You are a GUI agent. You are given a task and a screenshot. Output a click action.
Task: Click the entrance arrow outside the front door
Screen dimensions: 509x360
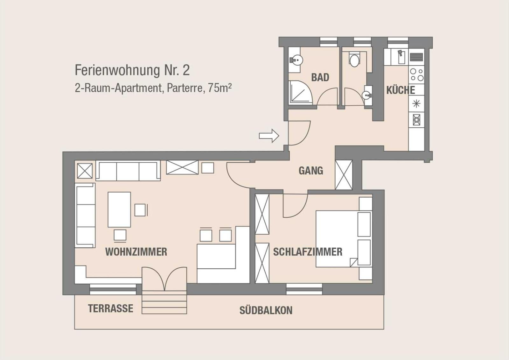point(269,136)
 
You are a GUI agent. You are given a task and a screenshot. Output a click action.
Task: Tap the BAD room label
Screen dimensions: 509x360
point(320,77)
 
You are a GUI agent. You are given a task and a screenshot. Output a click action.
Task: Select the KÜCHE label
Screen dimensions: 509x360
point(401,90)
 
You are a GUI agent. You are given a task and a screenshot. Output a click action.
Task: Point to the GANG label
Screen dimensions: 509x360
point(311,171)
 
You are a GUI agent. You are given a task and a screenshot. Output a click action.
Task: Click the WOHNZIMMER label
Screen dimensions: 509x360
point(136,252)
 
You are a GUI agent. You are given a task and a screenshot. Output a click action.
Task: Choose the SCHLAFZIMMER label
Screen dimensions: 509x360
point(308,252)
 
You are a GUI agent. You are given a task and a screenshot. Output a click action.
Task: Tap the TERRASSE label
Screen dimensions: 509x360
point(111,308)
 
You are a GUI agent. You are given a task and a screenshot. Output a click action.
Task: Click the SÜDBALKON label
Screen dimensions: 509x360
point(266,310)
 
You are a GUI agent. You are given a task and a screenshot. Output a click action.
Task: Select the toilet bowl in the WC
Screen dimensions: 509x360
point(354,59)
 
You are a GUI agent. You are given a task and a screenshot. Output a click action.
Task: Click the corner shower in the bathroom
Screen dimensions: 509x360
point(300,92)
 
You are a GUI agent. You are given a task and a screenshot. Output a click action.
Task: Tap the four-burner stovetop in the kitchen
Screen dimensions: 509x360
point(416,75)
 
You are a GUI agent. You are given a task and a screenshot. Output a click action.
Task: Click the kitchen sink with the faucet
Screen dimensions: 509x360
point(401,57)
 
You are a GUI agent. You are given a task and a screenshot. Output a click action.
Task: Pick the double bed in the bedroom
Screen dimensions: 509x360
point(344,239)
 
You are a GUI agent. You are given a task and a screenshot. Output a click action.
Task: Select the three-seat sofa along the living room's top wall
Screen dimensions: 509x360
point(128,171)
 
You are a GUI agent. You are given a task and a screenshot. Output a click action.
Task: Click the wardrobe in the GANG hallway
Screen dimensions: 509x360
point(344,175)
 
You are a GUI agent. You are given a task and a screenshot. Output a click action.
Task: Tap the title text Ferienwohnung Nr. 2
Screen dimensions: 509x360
point(132,70)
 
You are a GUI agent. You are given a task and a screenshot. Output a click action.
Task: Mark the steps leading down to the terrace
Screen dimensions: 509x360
point(164,302)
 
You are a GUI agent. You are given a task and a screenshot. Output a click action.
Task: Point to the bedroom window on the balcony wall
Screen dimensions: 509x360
point(304,289)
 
